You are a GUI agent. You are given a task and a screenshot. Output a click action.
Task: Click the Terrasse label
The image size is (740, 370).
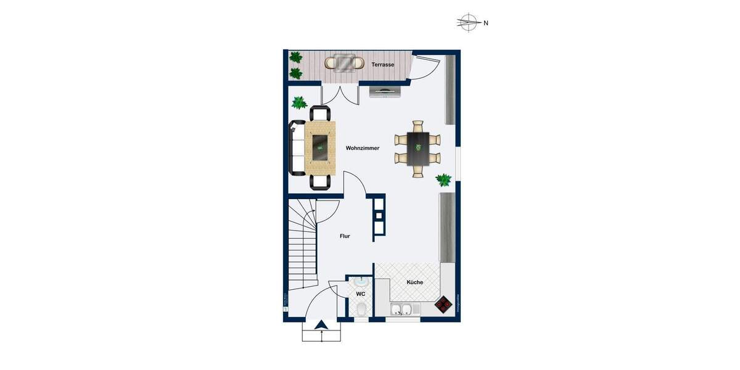click(384, 65)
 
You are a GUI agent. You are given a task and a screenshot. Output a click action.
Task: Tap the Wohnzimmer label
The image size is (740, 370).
click(363, 149)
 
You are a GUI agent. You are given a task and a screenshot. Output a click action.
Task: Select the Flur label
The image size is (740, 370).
click(345, 236)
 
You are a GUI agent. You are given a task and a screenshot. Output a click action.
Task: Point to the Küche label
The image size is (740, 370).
click(414, 282)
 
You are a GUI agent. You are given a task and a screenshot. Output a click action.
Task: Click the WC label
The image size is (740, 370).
click(361, 294)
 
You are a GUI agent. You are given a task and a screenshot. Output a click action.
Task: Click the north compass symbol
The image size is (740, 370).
click(469, 23)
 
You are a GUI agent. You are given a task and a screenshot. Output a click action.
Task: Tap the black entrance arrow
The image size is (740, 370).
click(321, 326)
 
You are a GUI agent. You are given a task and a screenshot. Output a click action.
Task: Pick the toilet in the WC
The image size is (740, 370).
click(361, 309)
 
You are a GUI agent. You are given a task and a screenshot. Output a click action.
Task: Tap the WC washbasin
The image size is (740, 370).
click(360, 282)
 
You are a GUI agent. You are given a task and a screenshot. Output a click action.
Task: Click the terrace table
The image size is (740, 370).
click(345, 62)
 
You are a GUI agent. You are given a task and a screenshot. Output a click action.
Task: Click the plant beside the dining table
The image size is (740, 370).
click(443, 179)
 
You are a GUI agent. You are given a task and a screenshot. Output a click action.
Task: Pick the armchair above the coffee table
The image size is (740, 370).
click(320, 113)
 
